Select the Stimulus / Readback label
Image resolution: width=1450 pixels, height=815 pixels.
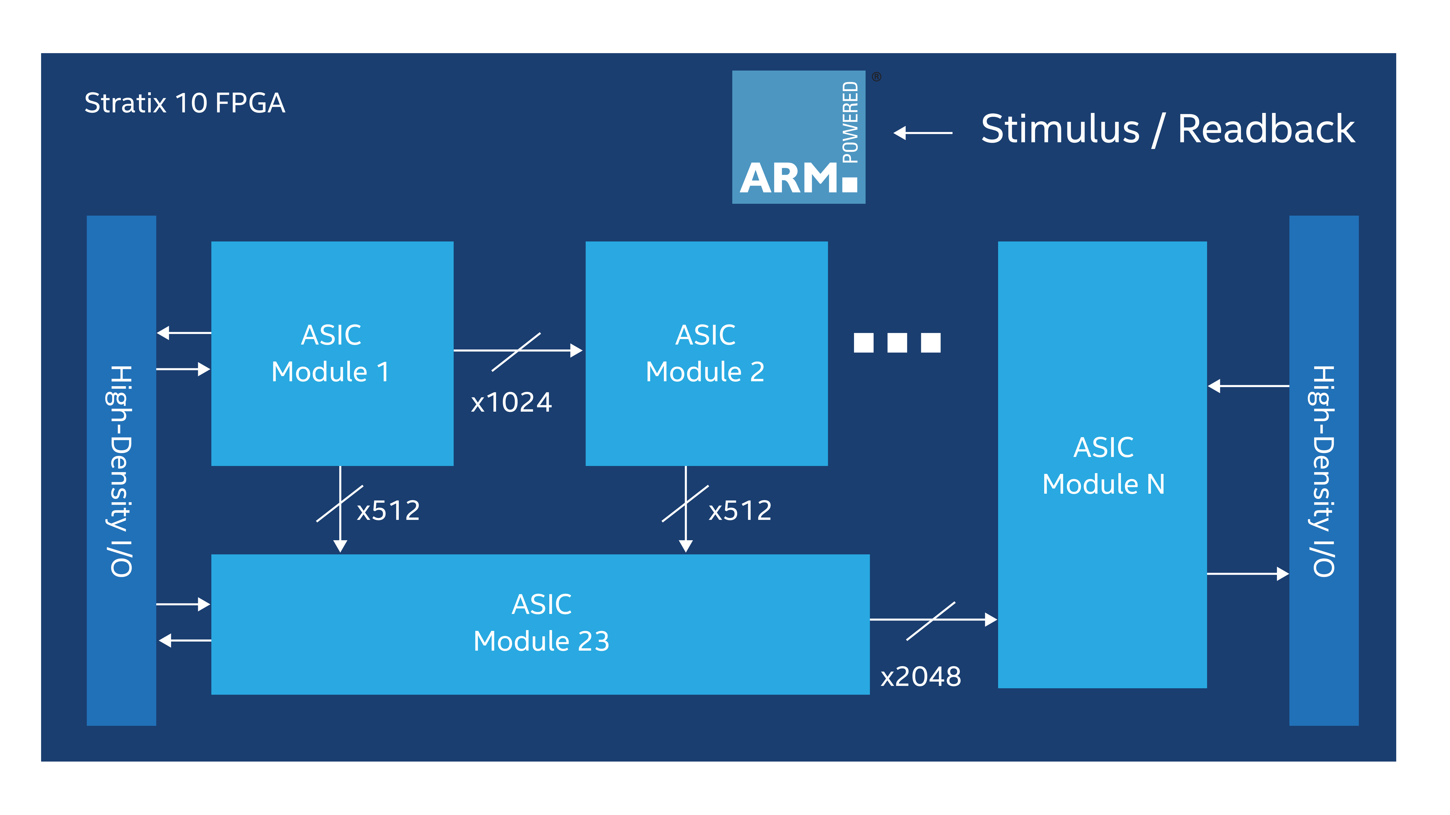[1168, 129]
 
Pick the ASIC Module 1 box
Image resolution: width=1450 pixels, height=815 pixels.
[332, 353]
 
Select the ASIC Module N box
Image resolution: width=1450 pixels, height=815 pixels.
[1102, 465]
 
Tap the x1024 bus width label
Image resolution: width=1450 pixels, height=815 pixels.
[511, 403]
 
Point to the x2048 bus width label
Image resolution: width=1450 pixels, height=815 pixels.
[920, 677]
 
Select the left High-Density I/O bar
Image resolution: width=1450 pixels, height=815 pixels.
[121, 470]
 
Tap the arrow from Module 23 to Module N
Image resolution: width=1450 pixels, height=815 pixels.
[933, 620]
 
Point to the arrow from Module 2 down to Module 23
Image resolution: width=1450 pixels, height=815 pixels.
[686, 509]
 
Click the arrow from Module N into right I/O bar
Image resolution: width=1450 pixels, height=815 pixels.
[1247, 574]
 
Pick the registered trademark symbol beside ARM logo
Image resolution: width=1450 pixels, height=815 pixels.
[876, 77]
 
